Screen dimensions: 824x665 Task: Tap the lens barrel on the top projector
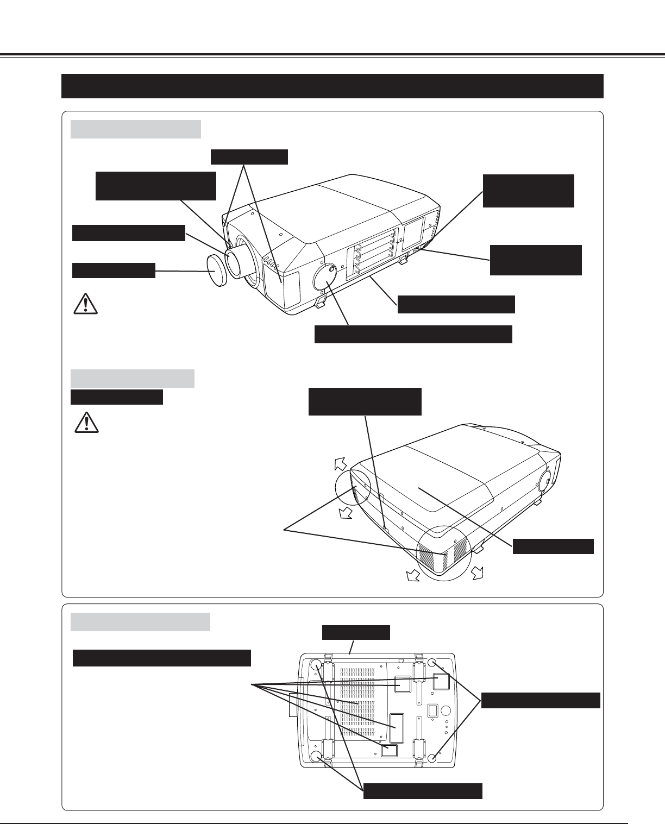pyautogui.click(x=239, y=260)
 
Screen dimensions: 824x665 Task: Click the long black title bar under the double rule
pyautogui.click(x=332, y=86)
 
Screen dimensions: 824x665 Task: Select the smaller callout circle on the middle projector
pyautogui.click(x=353, y=486)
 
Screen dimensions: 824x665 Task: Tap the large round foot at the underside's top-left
pyautogui.click(x=315, y=665)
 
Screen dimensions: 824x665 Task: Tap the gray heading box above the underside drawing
pyautogui.click(x=140, y=621)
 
